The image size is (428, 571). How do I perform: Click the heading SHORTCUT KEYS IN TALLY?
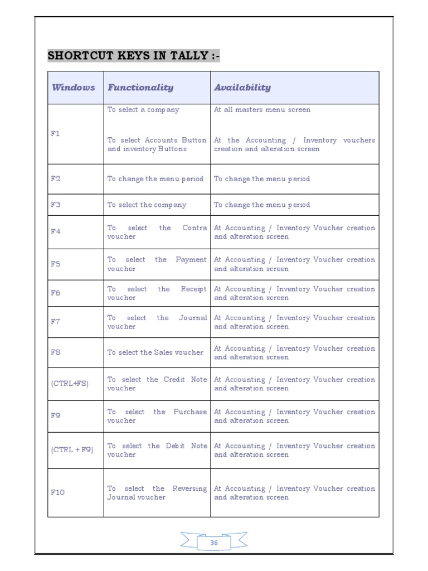(133, 56)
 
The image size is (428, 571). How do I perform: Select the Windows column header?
(74, 88)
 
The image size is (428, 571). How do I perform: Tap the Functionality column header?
(140, 88)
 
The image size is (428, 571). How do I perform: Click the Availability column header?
(242, 88)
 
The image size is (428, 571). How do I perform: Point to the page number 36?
(214, 543)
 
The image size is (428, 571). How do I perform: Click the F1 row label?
(55, 134)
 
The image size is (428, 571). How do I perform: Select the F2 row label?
(55, 179)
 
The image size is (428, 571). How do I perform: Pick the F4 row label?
(55, 232)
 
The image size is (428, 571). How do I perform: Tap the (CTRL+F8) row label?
(70, 384)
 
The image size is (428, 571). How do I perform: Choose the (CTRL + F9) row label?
(72, 449)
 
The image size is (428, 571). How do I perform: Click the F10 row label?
(57, 492)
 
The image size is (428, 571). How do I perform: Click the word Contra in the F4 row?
(194, 228)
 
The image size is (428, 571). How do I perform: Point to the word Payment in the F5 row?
(191, 260)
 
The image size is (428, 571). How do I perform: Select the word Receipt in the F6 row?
(193, 289)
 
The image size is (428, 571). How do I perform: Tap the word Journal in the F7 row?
(193, 318)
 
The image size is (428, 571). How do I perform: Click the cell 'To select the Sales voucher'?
(155, 352)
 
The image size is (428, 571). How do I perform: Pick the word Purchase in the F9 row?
(190, 412)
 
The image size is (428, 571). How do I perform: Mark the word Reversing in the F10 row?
(189, 488)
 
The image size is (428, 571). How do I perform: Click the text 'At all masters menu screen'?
(262, 110)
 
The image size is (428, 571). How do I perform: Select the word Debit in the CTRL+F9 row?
(177, 446)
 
